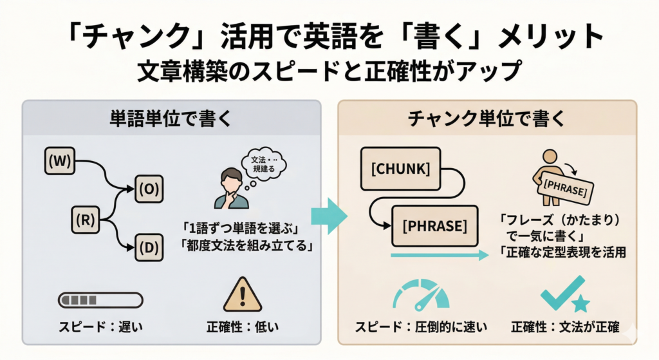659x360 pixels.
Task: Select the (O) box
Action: click(x=149, y=188)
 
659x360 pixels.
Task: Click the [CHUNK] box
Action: click(x=395, y=169)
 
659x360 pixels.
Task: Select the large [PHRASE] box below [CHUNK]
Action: click(x=434, y=227)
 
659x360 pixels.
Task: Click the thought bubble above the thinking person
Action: click(x=263, y=158)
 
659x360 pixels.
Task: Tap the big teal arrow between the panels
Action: click(x=329, y=216)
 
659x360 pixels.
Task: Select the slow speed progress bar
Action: click(x=100, y=300)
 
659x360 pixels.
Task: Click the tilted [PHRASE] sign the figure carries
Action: click(x=565, y=188)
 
